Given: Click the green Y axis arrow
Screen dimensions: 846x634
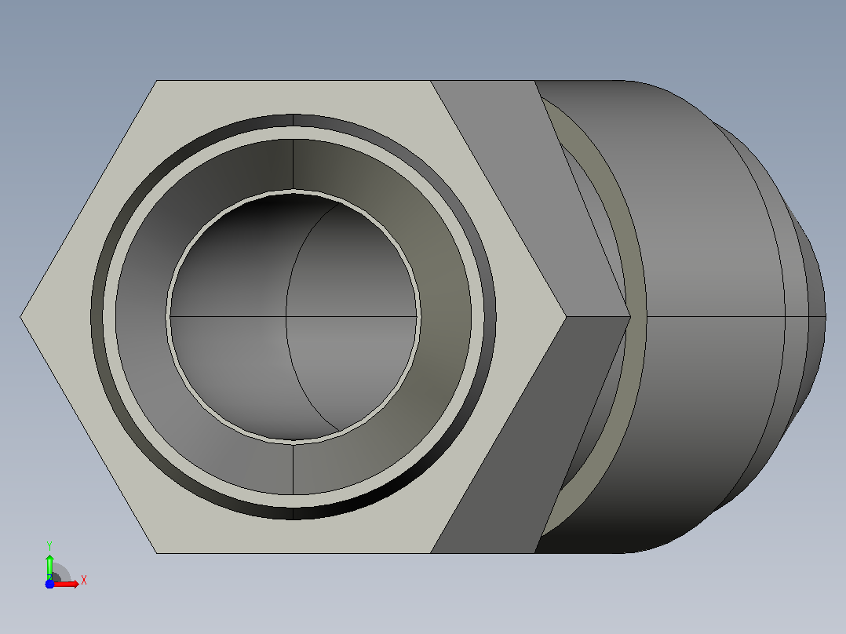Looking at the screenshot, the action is tap(49, 566).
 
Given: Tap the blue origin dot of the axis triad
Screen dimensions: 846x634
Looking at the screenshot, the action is tap(49, 585).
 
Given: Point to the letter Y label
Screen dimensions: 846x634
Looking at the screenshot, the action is tap(49, 545).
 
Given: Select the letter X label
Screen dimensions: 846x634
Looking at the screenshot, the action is tap(84, 581).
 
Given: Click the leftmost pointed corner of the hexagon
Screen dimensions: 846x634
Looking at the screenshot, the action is tap(20, 317).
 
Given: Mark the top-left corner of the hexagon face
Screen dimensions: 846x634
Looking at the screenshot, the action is tap(157, 81).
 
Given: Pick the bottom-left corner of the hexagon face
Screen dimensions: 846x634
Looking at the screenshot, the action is tap(156, 553).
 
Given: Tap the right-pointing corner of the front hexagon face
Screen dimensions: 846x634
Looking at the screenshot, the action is tap(566, 317).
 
